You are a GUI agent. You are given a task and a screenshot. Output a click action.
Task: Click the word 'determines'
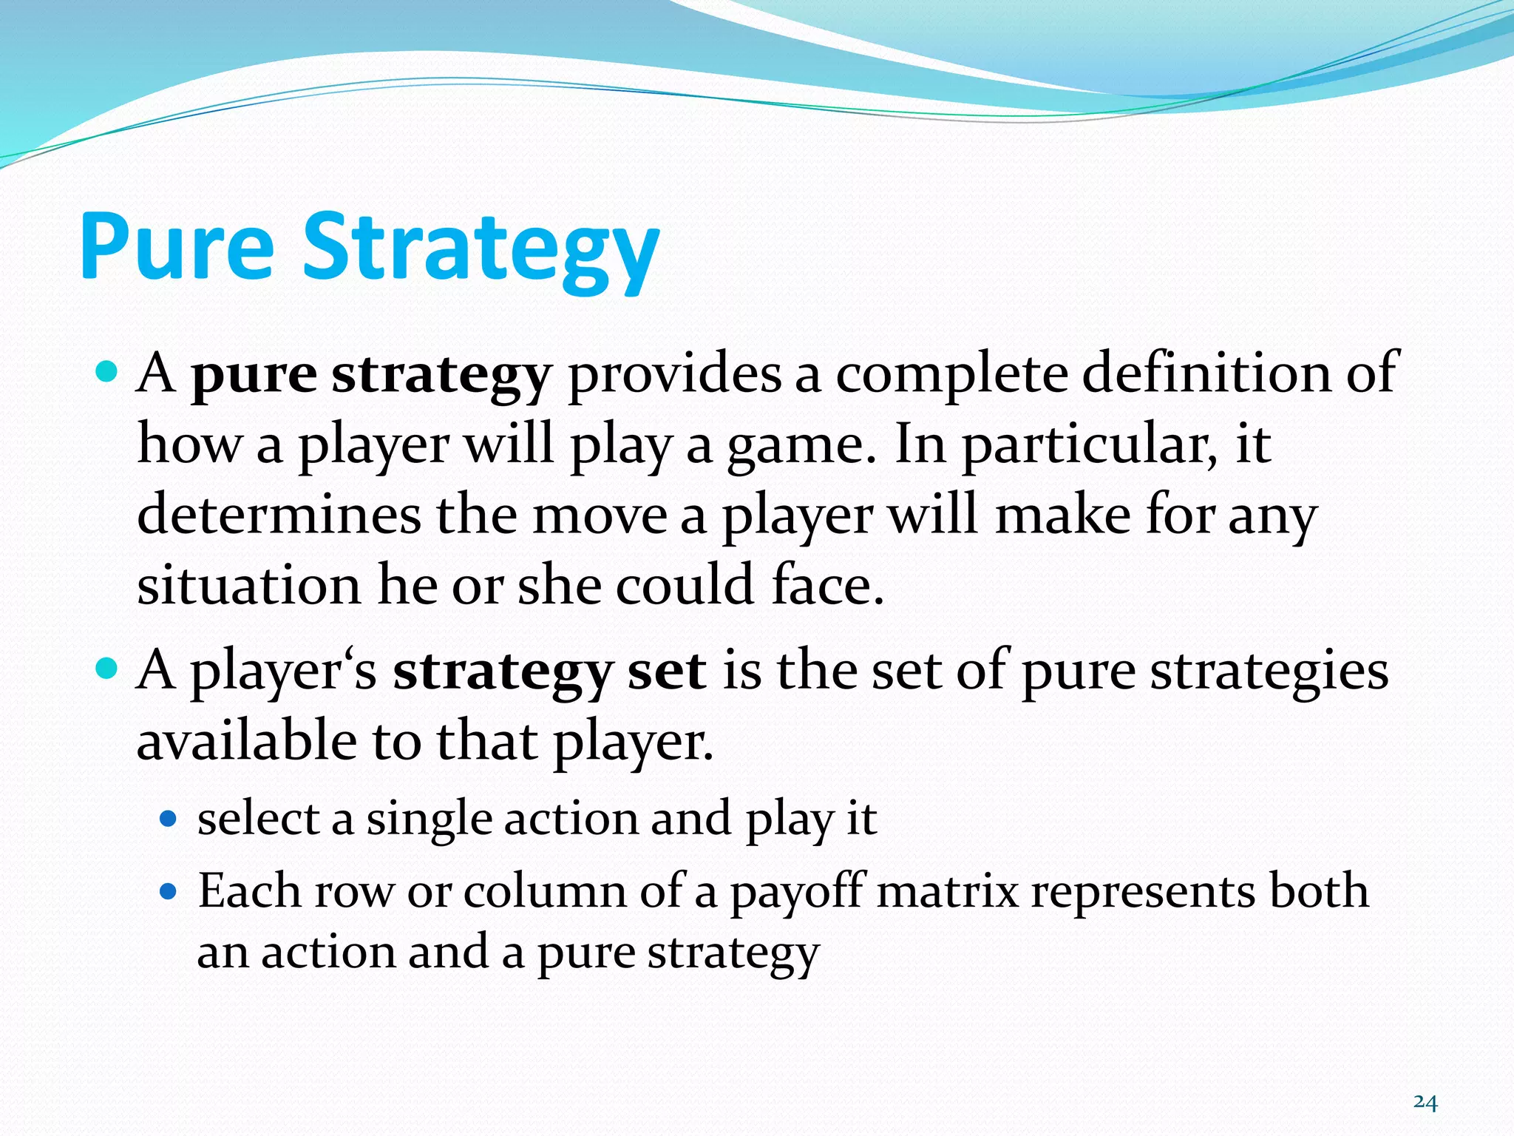click(x=279, y=515)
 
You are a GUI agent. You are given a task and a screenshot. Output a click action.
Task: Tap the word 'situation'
click(x=248, y=585)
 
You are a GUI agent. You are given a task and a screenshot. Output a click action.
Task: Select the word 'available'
click(x=247, y=742)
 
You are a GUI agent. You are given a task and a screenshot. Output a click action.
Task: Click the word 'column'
click(x=545, y=891)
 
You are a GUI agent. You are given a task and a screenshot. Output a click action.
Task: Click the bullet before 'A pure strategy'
click(x=107, y=372)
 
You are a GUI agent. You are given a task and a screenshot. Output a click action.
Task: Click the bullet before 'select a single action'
click(x=169, y=819)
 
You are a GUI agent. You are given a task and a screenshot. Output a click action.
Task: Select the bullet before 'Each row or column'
click(x=169, y=892)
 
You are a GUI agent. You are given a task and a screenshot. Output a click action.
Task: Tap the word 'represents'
click(x=1143, y=891)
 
